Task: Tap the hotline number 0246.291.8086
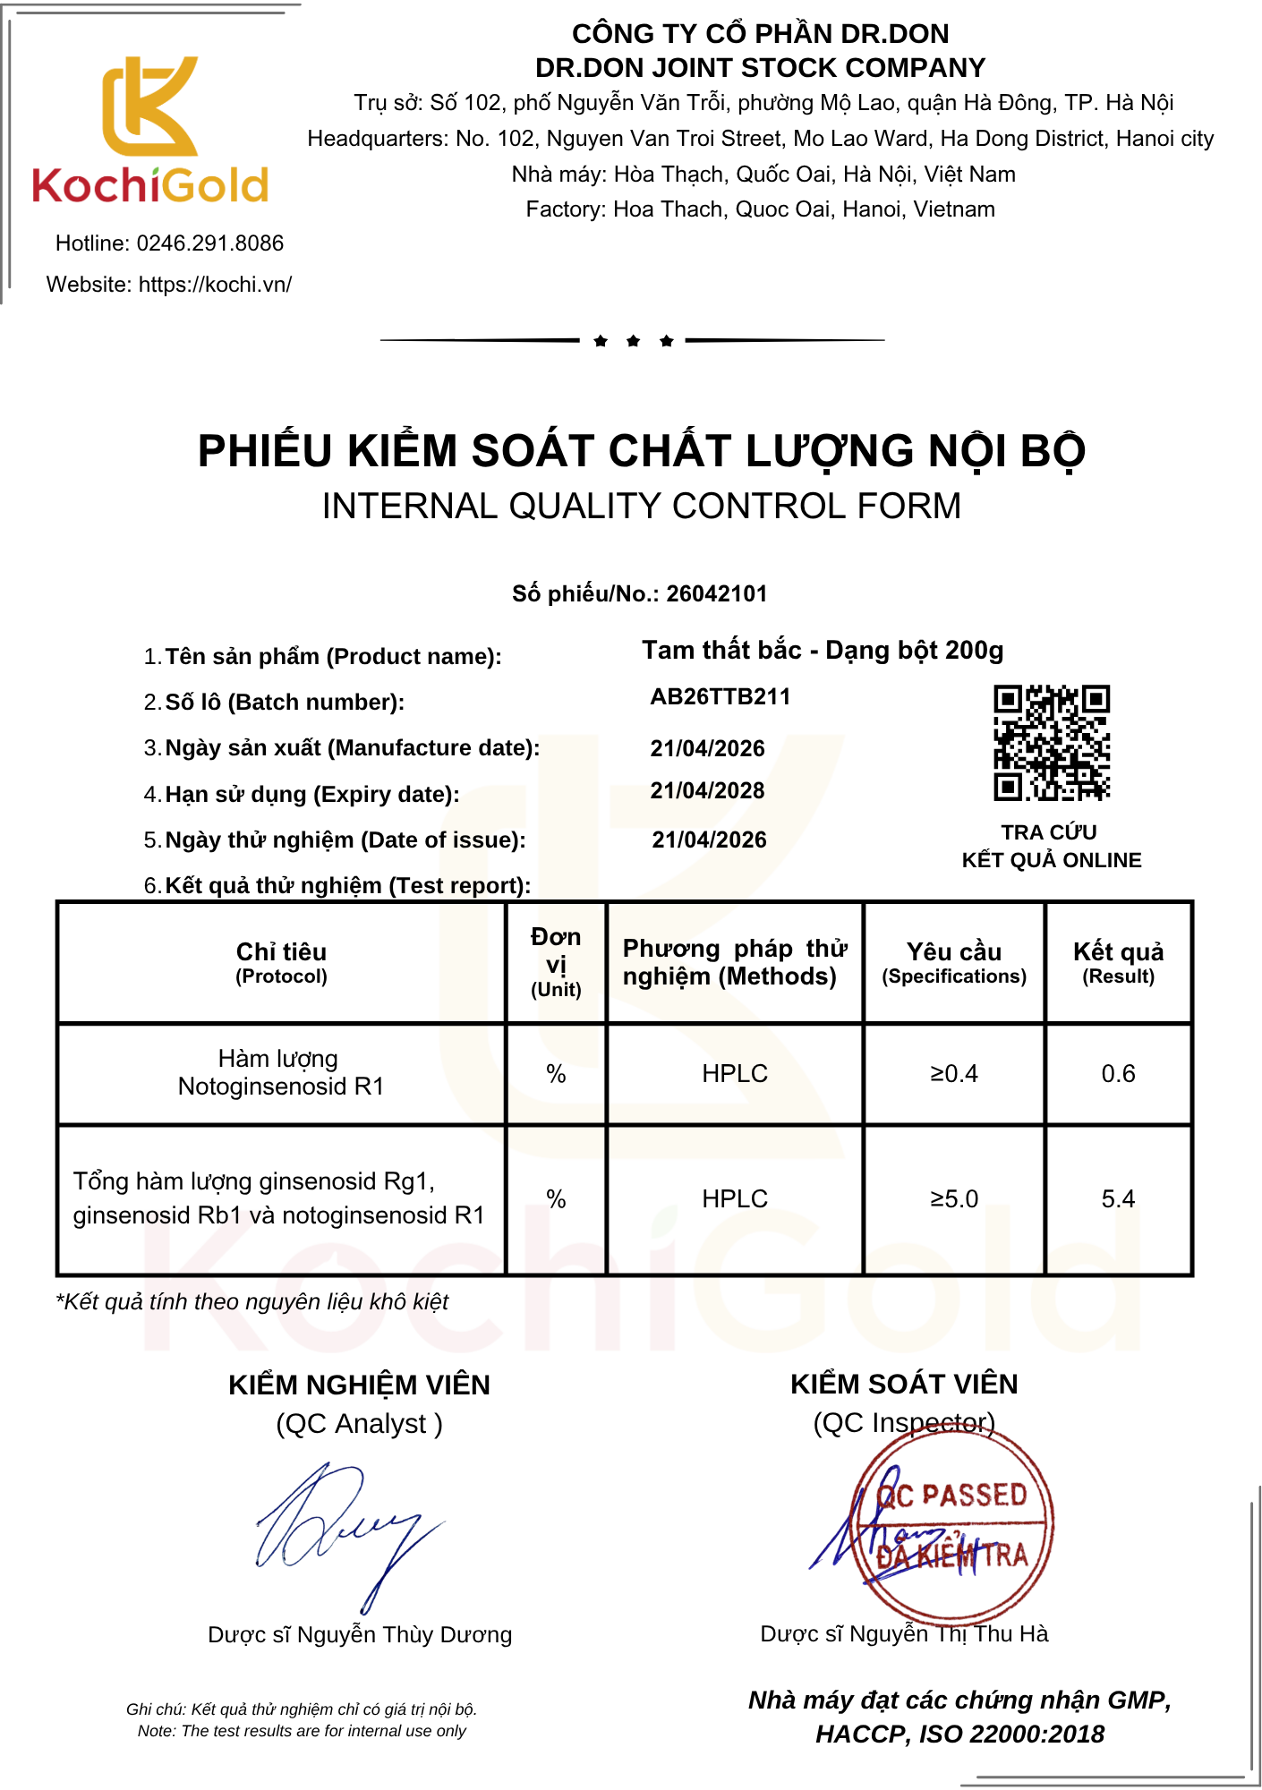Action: coord(209,243)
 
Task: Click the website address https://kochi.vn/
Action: coord(215,285)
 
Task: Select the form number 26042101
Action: coord(716,594)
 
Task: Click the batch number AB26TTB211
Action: coord(721,697)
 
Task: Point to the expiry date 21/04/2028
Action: coord(707,791)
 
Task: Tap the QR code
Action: coord(1052,743)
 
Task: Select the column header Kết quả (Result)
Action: coord(1118,962)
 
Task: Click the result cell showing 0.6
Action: coord(1118,1074)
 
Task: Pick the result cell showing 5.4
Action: coord(1118,1199)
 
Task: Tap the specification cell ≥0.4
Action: coord(954,1074)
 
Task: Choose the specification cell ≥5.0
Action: coord(954,1199)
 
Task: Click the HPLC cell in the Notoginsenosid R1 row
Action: coord(735,1074)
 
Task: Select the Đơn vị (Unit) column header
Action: coord(556,962)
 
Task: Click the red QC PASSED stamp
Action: coord(952,1521)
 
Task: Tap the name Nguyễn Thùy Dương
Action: coord(404,1635)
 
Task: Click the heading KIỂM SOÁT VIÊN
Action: coord(904,1385)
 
